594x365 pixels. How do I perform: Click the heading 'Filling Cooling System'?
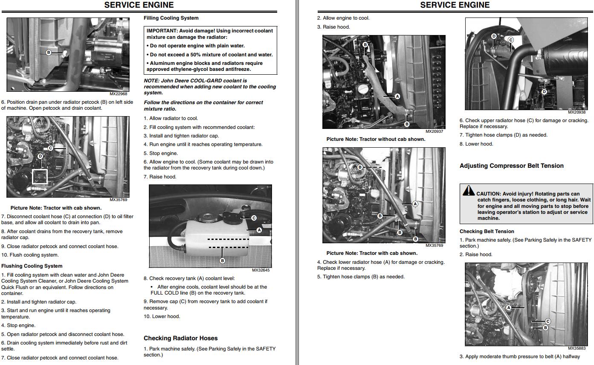point(171,18)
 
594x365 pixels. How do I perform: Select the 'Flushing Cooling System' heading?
point(32,266)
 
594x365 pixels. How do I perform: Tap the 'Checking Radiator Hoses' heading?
point(181,338)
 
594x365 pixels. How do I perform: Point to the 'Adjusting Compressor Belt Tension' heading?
point(512,166)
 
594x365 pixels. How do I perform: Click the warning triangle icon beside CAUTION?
point(469,190)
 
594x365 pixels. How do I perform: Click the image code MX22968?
point(118,94)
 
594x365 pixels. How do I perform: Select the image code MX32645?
point(261,270)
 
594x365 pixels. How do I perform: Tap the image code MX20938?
point(577,112)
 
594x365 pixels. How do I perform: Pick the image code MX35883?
point(577,348)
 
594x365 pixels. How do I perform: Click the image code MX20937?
point(434,131)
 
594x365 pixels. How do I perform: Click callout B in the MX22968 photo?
point(49,53)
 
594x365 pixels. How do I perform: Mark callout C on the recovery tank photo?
point(254,218)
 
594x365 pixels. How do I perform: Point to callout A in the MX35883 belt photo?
point(508,307)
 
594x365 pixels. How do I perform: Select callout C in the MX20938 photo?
point(510,40)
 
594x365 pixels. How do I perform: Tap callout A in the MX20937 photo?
point(397,96)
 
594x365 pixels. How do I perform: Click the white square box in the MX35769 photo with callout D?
point(40,176)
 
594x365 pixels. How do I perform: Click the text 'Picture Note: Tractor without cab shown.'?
point(376,139)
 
